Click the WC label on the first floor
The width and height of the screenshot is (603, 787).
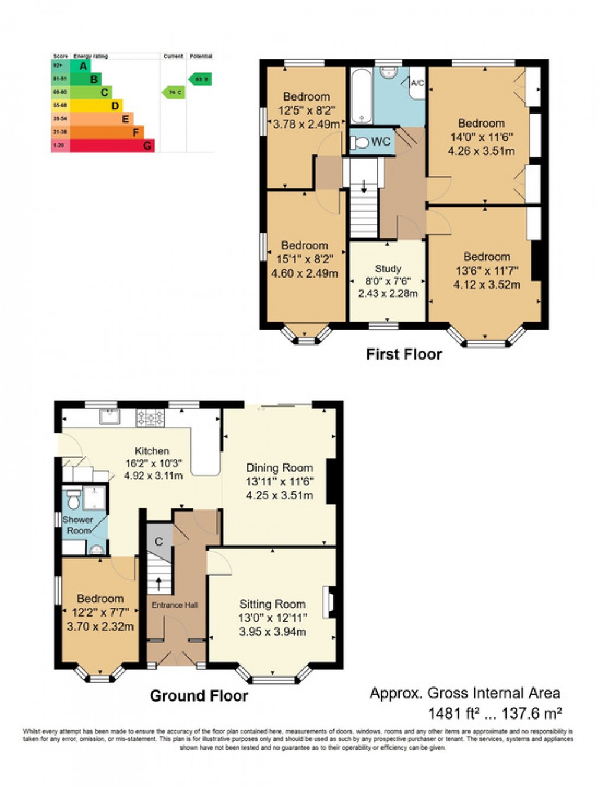(380, 142)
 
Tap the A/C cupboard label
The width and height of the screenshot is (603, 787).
(417, 83)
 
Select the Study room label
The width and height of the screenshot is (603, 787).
(388, 269)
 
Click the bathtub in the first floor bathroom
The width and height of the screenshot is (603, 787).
(361, 95)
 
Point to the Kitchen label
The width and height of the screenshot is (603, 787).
(152, 451)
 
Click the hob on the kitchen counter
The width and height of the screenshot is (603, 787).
(150, 418)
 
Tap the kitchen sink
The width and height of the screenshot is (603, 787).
(110, 417)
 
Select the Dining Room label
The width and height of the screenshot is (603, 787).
(279, 468)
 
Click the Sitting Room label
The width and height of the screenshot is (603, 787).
(272, 604)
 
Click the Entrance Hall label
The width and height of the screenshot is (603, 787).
(174, 605)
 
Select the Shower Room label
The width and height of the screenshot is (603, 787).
(78, 525)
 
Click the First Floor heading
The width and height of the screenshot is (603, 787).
(404, 354)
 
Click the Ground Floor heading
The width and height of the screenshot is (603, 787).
(199, 696)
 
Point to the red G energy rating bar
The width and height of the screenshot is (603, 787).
(112, 146)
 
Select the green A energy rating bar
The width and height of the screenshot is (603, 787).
(80, 66)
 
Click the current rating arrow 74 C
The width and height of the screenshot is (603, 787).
(173, 92)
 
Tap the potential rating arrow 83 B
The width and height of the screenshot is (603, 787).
(200, 79)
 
